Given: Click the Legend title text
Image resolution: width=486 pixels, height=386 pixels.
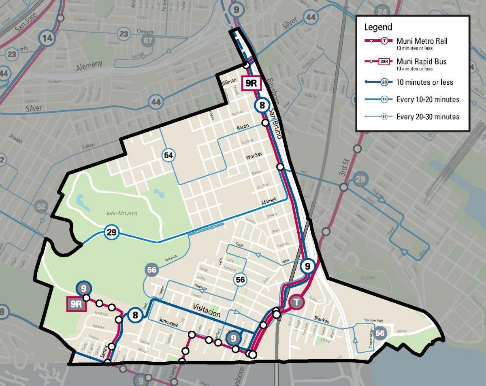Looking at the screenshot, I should point(378,27).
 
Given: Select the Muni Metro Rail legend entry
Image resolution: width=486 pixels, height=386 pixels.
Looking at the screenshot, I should point(422,41).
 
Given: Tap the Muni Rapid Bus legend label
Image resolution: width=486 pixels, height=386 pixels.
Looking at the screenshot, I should point(421,62).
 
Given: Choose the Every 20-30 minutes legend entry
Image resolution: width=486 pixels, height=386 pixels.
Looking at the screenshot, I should point(428,117).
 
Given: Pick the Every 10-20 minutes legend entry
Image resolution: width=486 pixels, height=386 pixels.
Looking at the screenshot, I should point(428,99).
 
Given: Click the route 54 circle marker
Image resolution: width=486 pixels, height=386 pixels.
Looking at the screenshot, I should point(169,155).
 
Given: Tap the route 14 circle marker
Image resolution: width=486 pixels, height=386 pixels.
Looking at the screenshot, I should point(47,39).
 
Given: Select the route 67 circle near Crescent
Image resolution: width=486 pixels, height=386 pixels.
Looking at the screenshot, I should point(149,41).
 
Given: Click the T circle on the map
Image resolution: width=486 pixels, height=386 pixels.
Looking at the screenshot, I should point(297,302).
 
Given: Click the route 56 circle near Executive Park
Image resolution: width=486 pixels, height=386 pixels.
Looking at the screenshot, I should point(380,333).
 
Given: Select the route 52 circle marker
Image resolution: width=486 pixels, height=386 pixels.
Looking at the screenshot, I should point(41,206).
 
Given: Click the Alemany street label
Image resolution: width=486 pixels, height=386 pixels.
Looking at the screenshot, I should point(89,65).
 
